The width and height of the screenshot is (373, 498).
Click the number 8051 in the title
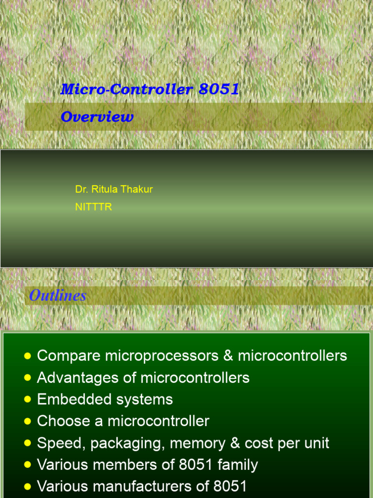tap(219, 89)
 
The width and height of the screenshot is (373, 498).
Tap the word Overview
tap(97, 117)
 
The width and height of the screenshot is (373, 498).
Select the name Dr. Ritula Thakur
tap(114, 189)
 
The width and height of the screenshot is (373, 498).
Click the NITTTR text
tap(93, 207)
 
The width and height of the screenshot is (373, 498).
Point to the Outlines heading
tap(57, 295)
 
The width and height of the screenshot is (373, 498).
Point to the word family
tap(237, 465)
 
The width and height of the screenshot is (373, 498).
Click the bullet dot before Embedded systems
tap(28, 400)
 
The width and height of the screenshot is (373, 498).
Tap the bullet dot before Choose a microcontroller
tap(28, 422)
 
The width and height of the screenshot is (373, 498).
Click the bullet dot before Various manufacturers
tap(28, 487)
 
